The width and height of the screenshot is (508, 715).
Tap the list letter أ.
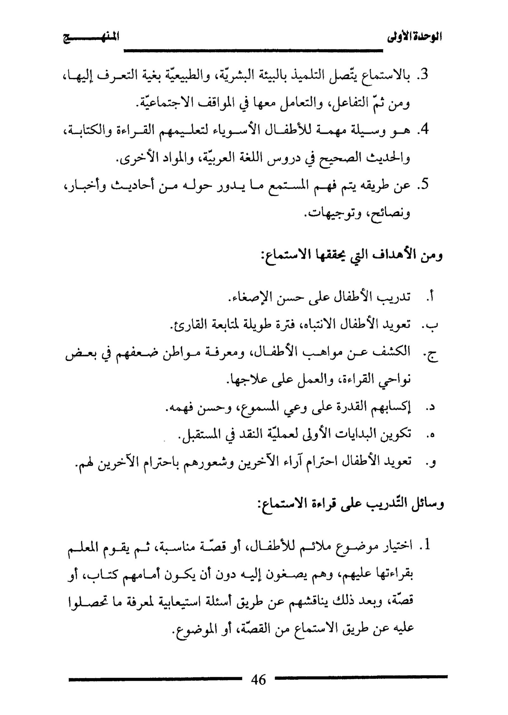431,298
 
